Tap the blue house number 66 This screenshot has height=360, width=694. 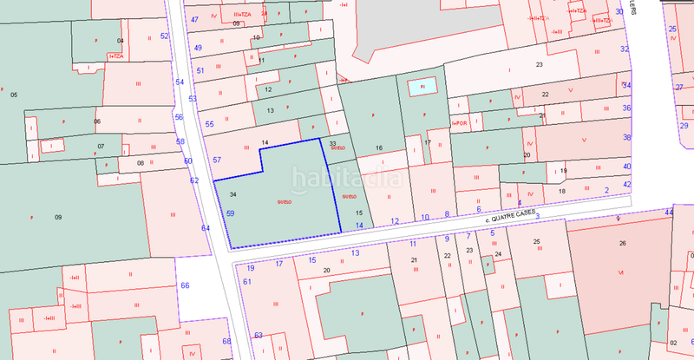tap(185, 285)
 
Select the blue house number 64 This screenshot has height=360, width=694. tap(206, 227)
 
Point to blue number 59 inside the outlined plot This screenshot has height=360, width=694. tap(231, 213)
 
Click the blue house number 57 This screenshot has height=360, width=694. tap(218, 160)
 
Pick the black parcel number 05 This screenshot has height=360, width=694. tap(13, 94)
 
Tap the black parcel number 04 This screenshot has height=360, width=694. tap(121, 41)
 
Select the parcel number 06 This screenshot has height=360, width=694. tap(97, 121)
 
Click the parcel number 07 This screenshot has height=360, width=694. tap(101, 146)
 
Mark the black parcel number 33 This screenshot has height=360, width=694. tap(332, 143)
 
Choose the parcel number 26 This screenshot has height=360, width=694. tap(622, 244)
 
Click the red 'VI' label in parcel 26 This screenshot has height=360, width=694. tap(621, 272)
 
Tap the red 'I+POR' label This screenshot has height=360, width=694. tap(459, 122)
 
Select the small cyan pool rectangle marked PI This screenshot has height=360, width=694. tap(422, 87)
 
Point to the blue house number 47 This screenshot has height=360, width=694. tap(195, 19)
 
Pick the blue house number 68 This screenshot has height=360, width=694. tap(227, 341)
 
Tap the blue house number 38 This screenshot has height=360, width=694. tap(627, 137)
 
